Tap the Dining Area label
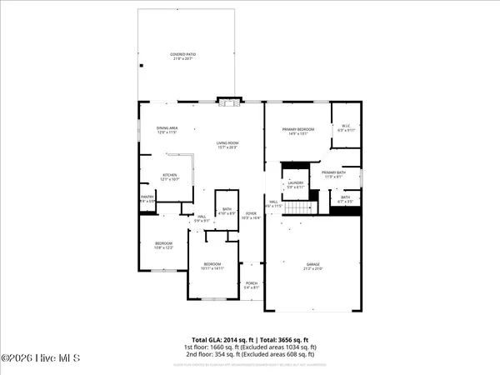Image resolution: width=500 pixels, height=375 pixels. click(x=144, y=130)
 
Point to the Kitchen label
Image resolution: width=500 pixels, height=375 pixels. click(x=168, y=177)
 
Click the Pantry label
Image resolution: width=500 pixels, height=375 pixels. click(x=147, y=198)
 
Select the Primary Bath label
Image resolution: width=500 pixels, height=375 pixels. click(x=333, y=173)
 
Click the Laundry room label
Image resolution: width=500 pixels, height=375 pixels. click(x=295, y=184)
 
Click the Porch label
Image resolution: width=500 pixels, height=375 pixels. click(x=251, y=286)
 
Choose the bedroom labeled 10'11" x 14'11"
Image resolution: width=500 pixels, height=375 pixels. click(x=212, y=267)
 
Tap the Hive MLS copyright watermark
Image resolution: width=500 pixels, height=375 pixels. click(x=40, y=358)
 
